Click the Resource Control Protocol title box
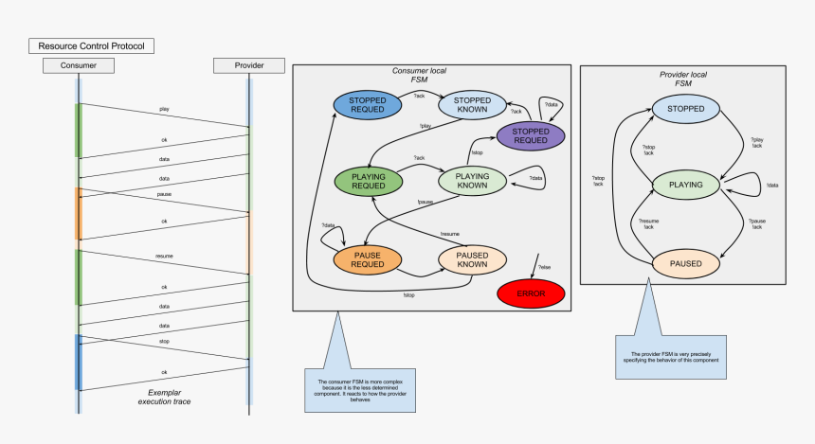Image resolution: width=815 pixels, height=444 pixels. pos(90,45)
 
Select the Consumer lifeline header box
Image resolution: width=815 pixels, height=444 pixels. pos(79,65)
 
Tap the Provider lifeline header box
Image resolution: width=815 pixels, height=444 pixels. pos(249,65)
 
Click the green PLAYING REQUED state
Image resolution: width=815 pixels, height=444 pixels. pos(368,181)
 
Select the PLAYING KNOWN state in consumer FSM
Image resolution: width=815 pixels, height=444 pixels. pos(472,181)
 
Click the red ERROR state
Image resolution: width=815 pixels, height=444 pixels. pos(531,293)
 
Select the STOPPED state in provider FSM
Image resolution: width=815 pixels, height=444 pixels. pos(686,109)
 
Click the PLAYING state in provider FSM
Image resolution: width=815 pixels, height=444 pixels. pos(686,186)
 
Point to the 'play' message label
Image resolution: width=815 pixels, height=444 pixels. pos(165,109)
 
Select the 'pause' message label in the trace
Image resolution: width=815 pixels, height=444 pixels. pos(164,194)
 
